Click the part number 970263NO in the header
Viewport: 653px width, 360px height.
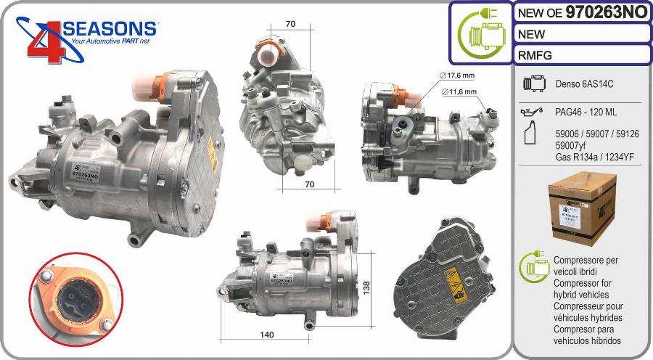pos(607,12)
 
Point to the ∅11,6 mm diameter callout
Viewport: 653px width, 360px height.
pos(459,91)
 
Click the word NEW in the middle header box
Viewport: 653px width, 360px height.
pos(532,33)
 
